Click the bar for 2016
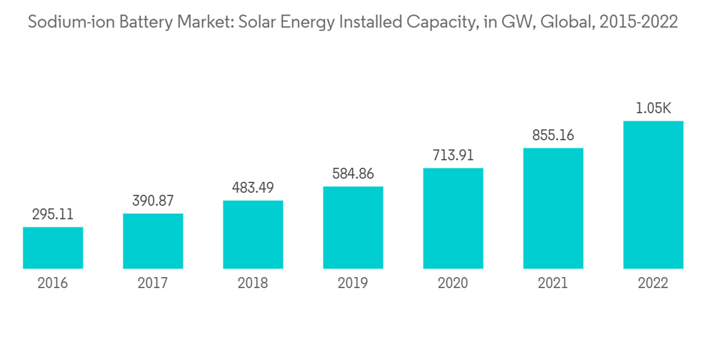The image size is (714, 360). pyautogui.click(x=53, y=248)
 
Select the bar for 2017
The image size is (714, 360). pyautogui.click(x=153, y=241)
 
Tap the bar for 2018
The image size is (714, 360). pyautogui.click(x=253, y=234)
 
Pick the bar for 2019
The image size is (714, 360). pyautogui.click(x=353, y=227)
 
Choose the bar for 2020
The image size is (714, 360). pyautogui.click(x=453, y=218)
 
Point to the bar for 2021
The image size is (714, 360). pyautogui.click(x=553, y=208)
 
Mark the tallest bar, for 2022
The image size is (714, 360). pyautogui.click(x=653, y=194)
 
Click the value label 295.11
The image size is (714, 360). pyautogui.click(x=53, y=214)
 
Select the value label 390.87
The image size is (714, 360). pyautogui.click(x=153, y=201)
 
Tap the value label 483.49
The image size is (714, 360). pyautogui.click(x=253, y=187)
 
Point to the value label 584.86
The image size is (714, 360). pyautogui.click(x=353, y=174)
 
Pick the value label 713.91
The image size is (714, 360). pyautogui.click(x=453, y=155)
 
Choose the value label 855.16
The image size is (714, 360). pyautogui.click(x=553, y=135)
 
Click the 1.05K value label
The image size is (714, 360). pyautogui.click(x=653, y=109)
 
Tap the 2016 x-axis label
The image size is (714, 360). pyautogui.click(x=53, y=284)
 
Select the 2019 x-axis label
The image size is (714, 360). pyautogui.click(x=353, y=284)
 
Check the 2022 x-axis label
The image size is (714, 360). pyautogui.click(x=653, y=284)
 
